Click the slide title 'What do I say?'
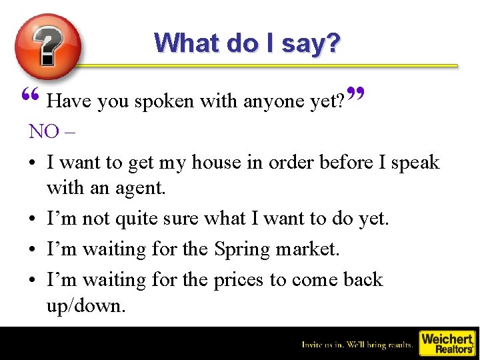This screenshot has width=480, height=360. [x=247, y=43]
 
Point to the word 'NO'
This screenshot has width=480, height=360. [x=44, y=131]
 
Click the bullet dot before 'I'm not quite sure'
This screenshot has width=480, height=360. [x=33, y=219]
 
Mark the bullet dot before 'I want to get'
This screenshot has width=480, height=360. [x=33, y=163]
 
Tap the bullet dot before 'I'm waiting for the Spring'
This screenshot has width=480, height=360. [x=33, y=249]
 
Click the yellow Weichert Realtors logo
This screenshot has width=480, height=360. [x=446, y=343]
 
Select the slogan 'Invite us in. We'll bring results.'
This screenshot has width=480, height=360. [x=357, y=345]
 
